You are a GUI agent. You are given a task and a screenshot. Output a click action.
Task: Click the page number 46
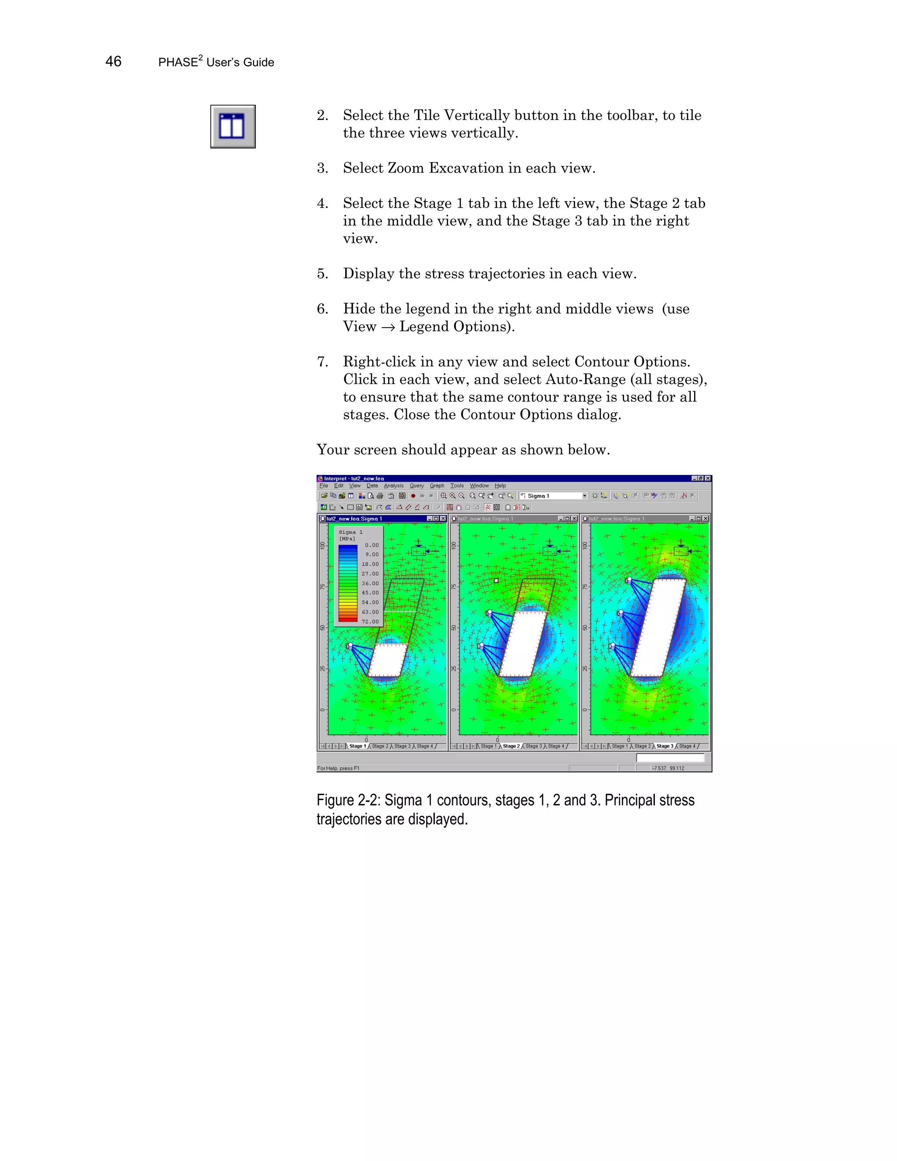pos(113,62)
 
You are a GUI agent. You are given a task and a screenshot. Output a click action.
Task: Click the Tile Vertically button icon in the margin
pos(233,127)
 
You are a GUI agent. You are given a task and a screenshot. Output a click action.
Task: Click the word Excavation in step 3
pos(466,168)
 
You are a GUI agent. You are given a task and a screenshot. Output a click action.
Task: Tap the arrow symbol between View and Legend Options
pos(388,327)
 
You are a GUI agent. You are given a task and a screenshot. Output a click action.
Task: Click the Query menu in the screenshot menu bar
pos(417,485)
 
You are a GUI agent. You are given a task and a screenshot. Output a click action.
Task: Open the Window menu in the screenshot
pos(479,485)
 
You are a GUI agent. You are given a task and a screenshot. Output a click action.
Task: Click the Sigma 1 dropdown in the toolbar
pos(553,496)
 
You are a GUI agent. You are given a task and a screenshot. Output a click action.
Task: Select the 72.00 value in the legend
pos(371,621)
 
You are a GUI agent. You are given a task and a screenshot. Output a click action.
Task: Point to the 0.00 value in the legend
pos(372,545)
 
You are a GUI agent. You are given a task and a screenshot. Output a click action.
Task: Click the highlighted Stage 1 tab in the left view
pos(357,746)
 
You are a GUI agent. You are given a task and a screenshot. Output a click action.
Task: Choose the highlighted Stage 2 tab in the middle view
pos(511,746)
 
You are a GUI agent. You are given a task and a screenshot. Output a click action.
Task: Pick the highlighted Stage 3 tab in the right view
pos(664,746)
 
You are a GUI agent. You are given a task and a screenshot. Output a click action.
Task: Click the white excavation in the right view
pos(658,627)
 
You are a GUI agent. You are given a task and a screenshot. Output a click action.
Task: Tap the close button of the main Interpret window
pos(708,478)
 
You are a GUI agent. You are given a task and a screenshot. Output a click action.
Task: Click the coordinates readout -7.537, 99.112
pos(668,768)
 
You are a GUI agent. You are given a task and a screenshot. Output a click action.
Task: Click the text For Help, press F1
pos(339,768)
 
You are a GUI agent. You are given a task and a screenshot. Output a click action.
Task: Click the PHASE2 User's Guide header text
pos(216,62)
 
